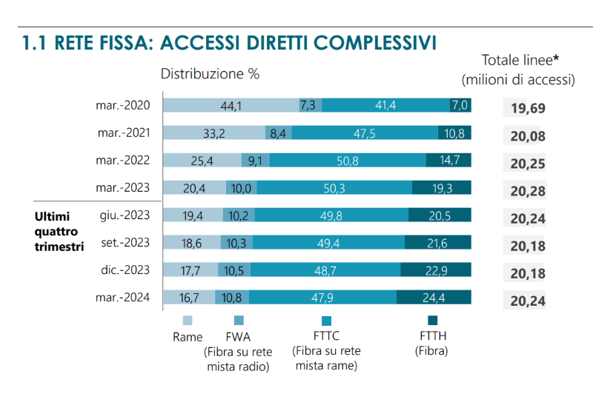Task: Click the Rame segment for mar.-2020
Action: point(230,106)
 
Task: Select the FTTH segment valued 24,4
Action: point(434,298)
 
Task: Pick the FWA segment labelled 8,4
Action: point(278,133)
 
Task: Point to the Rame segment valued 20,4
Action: point(193,188)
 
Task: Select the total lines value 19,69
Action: point(528,109)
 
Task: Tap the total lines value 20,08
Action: point(528,136)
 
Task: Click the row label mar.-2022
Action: point(123,160)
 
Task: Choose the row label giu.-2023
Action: point(125,215)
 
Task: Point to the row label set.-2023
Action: point(125,243)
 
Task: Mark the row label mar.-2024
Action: point(123,298)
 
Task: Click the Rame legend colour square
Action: point(188,321)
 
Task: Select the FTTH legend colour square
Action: point(434,321)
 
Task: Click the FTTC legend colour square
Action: point(327,321)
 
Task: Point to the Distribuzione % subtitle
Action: point(211,74)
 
